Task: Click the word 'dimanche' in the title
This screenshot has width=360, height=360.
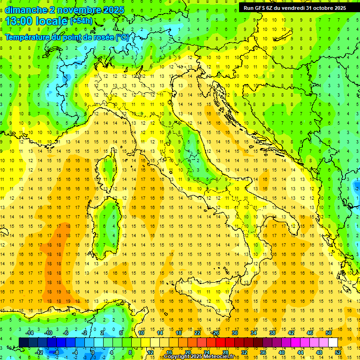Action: pyautogui.click(x=23, y=10)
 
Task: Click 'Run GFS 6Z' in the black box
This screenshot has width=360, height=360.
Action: pyautogui.click(x=260, y=8)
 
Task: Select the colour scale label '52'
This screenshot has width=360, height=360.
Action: pyautogui.click(x=338, y=352)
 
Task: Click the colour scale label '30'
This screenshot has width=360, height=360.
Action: pyautogui.click(x=235, y=333)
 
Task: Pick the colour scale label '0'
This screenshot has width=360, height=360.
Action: pyautogui.click(x=92, y=352)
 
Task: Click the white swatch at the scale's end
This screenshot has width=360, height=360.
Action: pyautogui.click(x=333, y=342)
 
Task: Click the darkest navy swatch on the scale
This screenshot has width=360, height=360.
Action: pyautogui.click(x=23, y=342)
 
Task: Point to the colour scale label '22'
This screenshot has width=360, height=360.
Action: pyautogui.click(x=197, y=333)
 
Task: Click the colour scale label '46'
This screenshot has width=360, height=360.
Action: pyautogui.click(x=310, y=333)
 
